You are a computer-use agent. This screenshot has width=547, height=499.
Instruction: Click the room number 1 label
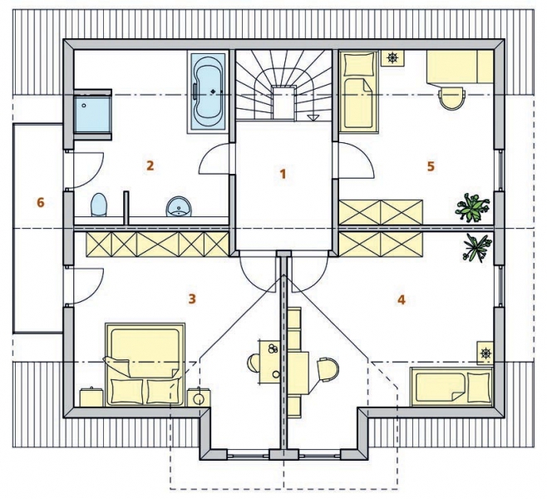(283, 174)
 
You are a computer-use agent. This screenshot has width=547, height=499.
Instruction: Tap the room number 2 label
(150, 166)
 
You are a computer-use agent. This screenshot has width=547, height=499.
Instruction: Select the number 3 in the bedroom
(192, 299)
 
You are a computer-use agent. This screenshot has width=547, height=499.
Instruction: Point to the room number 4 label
(402, 299)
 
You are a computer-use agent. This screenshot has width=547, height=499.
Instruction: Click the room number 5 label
(431, 166)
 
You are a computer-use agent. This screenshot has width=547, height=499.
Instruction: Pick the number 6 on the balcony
(41, 202)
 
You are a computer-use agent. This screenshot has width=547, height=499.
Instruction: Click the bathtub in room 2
(209, 93)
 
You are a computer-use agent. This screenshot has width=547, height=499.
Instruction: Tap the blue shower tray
(93, 113)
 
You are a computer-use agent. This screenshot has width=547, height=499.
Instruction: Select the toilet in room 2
(98, 205)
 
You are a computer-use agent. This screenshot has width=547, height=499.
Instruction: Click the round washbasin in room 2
(179, 206)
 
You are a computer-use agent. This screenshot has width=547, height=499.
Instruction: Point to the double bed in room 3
(145, 364)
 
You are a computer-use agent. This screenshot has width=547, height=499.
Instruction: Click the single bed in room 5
(358, 91)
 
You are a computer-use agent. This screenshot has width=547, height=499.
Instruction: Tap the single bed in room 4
(451, 386)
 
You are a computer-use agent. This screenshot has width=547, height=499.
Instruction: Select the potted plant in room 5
(473, 207)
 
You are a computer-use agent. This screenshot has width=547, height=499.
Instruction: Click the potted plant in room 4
(477, 248)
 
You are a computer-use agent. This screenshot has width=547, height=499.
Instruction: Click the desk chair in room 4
(328, 369)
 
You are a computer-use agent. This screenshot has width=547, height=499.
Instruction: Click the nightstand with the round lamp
(199, 398)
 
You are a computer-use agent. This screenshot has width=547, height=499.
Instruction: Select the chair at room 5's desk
(453, 97)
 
